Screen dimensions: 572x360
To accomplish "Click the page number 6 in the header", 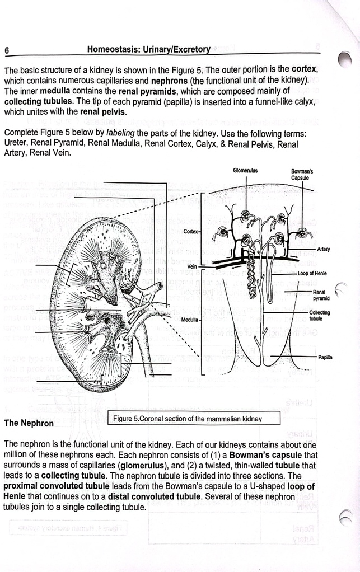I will (x=7, y=50).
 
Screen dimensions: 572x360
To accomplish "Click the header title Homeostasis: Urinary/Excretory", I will (x=148, y=49).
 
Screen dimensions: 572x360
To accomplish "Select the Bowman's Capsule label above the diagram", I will (x=302, y=174).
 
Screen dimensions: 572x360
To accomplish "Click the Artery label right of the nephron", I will (x=323, y=250).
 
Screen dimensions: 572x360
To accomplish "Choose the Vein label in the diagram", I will (x=192, y=266).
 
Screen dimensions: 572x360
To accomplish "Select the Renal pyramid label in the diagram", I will (x=320, y=295).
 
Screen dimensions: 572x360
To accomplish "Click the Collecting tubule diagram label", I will (x=319, y=316).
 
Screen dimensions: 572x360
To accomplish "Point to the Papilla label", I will (x=325, y=357).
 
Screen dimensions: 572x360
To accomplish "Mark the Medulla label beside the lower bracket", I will (x=190, y=318).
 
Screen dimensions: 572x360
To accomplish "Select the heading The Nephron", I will (x=29, y=423).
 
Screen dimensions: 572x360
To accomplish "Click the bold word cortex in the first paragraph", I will (x=306, y=70).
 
